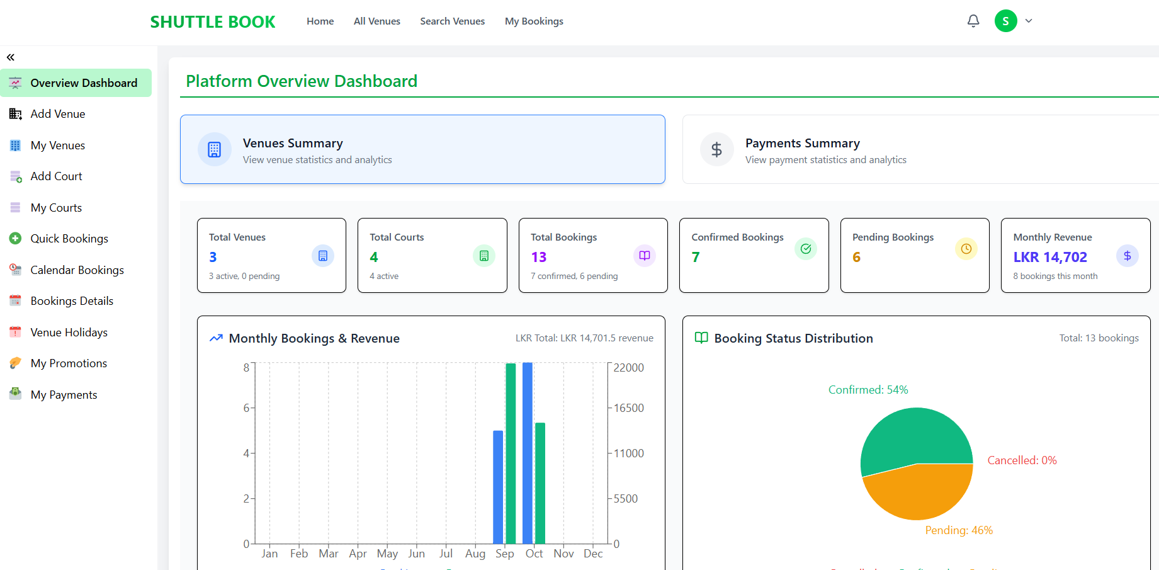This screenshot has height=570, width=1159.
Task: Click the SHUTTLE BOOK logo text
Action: (212, 22)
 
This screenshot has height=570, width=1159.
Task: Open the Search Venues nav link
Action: (452, 21)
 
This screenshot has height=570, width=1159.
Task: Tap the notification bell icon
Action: (973, 21)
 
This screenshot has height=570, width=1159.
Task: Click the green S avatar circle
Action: (1005, 21)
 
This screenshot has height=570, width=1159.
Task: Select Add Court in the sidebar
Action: (56, 176)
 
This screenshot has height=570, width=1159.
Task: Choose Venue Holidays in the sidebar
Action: (69, 333)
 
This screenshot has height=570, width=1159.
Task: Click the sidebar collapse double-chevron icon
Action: (11, 57)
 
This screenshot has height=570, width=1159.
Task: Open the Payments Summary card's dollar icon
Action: (716, 149)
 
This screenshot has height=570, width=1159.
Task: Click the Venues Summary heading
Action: (293, 143)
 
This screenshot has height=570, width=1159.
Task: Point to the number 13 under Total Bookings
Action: (538, 257)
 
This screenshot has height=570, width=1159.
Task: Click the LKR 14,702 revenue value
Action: (1049, 257)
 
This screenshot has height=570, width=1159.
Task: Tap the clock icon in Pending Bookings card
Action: (966, 249)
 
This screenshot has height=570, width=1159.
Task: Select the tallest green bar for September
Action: (511, 453)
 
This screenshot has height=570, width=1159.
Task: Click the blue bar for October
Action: (528, 453)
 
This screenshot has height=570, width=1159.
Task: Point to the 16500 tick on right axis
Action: (628, 408)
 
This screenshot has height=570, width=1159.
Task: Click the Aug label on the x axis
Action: (475, 554)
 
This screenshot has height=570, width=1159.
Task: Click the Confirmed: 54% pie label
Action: (868, 390)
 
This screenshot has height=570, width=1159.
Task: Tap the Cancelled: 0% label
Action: (1021, 460)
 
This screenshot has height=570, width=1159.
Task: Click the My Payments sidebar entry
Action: (64, 395)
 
